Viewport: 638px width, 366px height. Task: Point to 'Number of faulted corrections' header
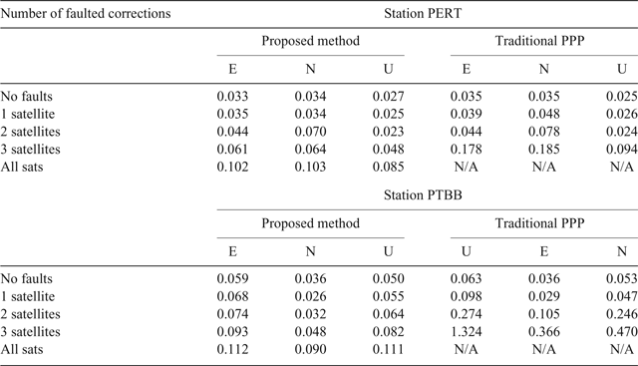(x=87, y=14)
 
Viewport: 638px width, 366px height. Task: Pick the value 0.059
(x=234, y=280)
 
